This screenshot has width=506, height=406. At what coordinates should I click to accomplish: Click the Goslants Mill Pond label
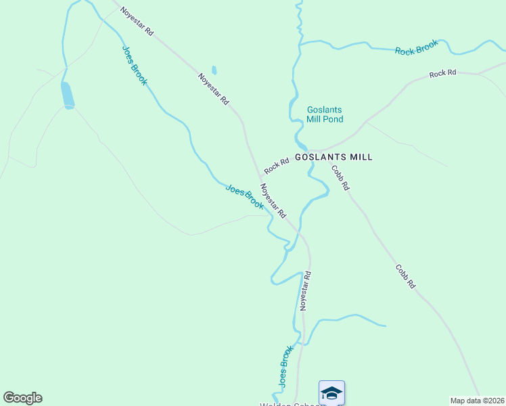325,114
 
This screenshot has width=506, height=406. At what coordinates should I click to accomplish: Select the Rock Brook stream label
417,47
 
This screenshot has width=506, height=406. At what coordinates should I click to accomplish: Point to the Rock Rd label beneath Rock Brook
443,73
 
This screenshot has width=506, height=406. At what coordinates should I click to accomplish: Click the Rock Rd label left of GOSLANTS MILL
277,164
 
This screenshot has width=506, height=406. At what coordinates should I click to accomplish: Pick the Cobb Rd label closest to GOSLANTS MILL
340,177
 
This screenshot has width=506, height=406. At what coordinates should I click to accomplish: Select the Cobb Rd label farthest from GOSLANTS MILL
405,277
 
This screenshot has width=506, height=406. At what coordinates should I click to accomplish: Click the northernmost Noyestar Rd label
137,22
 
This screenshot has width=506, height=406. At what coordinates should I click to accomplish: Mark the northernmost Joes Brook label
134,65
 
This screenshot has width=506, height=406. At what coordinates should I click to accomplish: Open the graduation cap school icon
331,392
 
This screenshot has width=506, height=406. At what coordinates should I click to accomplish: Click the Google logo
22,398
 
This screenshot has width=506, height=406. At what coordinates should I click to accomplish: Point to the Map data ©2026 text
478,401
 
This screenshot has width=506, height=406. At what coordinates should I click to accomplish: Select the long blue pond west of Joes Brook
68,95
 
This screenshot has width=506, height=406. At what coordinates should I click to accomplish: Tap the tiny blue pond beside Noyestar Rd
214,70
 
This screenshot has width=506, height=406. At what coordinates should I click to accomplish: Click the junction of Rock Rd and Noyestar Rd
260,175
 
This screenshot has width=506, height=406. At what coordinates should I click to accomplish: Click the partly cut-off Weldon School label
284,404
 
